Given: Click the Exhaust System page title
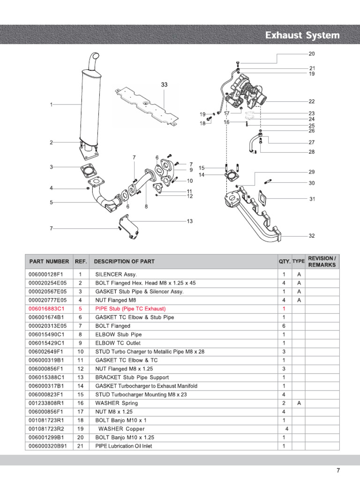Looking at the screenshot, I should (302, 36).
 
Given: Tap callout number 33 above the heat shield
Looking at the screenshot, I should (164, 85).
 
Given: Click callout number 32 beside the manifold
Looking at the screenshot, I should (312, 235).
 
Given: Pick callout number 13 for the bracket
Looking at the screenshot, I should (190, 221).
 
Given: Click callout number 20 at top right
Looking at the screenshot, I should (312, 53).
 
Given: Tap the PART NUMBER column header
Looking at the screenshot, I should (49, 262).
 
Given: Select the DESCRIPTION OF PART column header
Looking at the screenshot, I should (124, 262).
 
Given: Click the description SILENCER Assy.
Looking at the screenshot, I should (116, 275).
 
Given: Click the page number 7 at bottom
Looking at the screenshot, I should (338, 470).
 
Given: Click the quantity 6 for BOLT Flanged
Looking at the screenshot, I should (284, 326).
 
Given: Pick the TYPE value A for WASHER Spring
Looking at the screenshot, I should (299, 403).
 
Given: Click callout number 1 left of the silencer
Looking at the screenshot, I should (51, 105).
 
